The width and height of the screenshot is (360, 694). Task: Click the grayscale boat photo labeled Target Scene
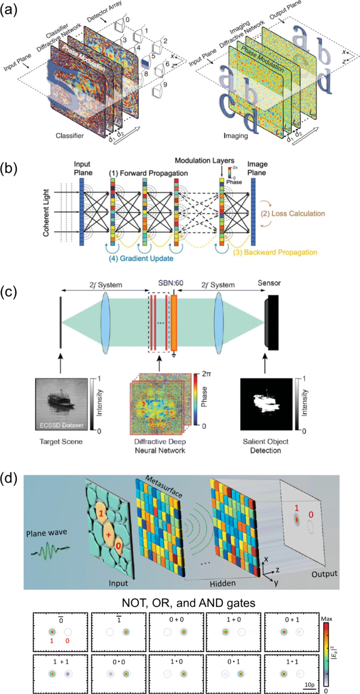[59, 402]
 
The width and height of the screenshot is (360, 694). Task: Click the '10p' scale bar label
[309, 685]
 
